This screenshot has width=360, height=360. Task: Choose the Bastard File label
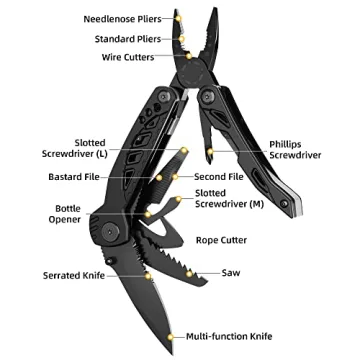click(x=72, y=177)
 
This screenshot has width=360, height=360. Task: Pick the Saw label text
click(x=231, y=272)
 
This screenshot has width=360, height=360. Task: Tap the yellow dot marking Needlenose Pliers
click(x=178, y=18)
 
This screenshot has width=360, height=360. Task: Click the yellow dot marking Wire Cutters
click(x=186, y=58)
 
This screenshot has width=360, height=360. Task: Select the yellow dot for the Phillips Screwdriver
click(x=212, y=149)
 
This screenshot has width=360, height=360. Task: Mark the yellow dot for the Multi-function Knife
click(x=176, y=336)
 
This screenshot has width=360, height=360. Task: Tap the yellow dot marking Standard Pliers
click(x=181, y=38)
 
